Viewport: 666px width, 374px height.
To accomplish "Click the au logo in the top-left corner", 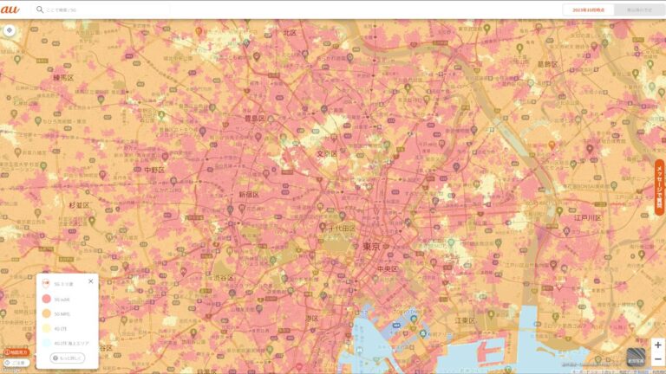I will (10, 10).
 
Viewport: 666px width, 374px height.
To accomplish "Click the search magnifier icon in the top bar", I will (40, 10).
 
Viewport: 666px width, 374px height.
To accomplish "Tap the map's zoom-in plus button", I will (657, 345).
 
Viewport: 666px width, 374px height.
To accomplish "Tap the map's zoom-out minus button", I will (657, 359).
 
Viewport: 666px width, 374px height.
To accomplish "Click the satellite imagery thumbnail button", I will (636, 356).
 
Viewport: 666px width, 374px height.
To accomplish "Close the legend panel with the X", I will (90, 281).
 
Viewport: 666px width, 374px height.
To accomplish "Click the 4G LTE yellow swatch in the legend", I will (45, 328).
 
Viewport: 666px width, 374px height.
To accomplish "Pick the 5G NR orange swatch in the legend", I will (45, 313).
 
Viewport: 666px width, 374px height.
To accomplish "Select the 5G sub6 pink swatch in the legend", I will (45, 299).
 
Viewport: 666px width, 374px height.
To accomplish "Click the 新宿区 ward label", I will (249, 195).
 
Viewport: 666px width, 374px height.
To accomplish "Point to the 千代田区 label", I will (342, 227).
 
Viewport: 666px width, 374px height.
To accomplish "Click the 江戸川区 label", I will (587, 217).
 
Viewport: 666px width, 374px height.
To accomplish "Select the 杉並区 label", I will (79, 205).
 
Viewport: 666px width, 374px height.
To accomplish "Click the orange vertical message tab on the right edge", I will (659, 187).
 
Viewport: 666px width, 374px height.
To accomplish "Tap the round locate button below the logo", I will (10, 29).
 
